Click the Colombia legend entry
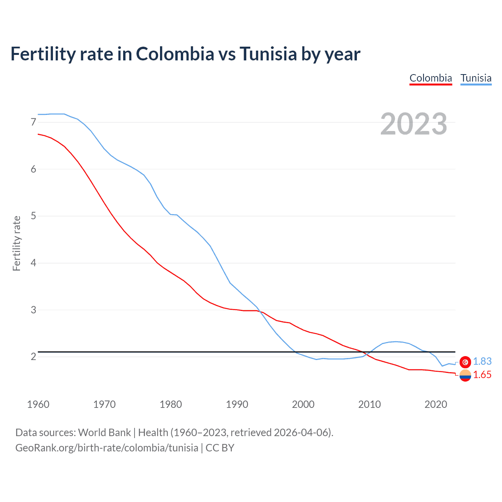431,78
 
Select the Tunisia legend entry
476,78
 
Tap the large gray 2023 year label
414,124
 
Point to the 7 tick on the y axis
33,122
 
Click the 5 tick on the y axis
33,216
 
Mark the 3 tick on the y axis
33,310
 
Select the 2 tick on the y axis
33,356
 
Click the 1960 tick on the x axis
38,404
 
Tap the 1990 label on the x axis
237,404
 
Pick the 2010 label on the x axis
369,404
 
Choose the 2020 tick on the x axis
436,404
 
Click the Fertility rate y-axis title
16,243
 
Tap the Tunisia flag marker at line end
465,362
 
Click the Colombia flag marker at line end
465,375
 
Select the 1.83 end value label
482,362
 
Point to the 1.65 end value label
482,375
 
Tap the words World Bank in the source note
104,433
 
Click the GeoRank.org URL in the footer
107,448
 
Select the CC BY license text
220,448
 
